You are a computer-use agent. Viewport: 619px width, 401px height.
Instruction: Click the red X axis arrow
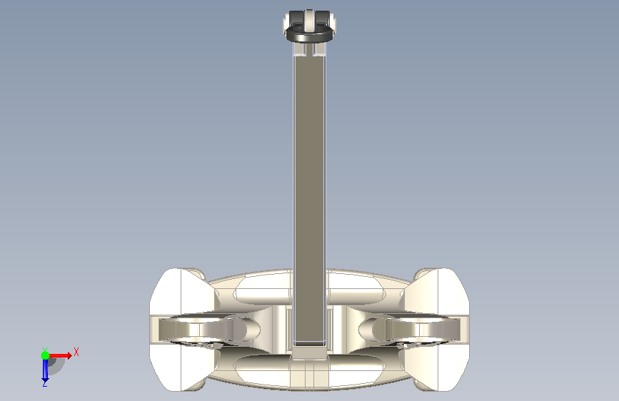point(59,355)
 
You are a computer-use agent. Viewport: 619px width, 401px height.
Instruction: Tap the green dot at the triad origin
point(45,355)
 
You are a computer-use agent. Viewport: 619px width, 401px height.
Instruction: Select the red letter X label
point(76,352)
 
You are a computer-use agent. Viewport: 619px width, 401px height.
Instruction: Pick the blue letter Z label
point(44,384)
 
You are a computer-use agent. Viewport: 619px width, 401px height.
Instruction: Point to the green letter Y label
point(45,350)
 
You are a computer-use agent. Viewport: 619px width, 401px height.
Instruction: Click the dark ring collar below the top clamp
point(310,33)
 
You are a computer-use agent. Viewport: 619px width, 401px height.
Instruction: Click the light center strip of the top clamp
point(310,21)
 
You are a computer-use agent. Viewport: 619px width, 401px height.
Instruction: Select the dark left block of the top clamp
point(296,18)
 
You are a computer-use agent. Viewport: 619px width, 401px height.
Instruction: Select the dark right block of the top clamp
point(323,18)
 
